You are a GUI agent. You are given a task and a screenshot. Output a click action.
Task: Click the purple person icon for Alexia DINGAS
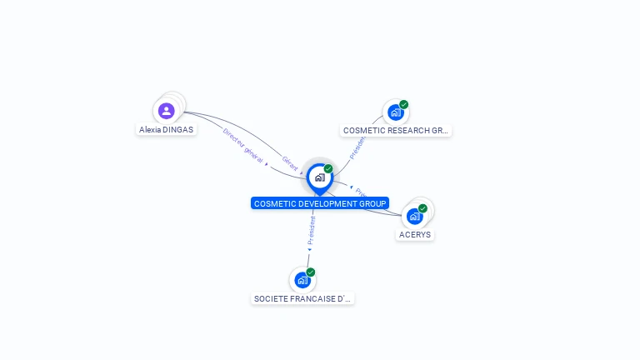tap(167, 110)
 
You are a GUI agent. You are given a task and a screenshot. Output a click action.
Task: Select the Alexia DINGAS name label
tap(167, 130)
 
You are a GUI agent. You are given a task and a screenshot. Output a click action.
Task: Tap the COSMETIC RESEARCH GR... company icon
tap(395, 112)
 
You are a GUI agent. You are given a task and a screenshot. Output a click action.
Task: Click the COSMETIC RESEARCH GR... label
tap(396, 131)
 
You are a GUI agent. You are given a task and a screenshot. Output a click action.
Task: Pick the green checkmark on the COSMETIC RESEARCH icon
tap(404, 105)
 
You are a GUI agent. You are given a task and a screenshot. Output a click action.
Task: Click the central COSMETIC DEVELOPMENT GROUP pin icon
tap(319, 177)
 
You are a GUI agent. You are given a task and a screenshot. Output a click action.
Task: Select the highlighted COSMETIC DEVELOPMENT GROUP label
tap(320, 203)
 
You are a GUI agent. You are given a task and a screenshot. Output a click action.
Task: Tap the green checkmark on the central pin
tap(328, 169)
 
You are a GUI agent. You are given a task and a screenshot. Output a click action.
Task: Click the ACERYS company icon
tap(414, 216)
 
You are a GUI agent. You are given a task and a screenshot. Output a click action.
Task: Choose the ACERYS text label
tap(415, 235)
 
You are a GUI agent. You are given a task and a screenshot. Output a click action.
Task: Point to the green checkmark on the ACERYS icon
tap(423, 208)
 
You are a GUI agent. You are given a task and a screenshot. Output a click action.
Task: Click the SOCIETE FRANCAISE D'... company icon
tap(302, 280)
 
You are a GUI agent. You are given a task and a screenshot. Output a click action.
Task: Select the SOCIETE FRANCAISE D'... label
tap(302, 298)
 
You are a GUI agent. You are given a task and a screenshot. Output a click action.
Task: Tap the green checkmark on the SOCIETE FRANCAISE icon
tap(311, 272)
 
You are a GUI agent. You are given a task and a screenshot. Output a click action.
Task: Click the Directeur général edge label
tap(243, 147)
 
